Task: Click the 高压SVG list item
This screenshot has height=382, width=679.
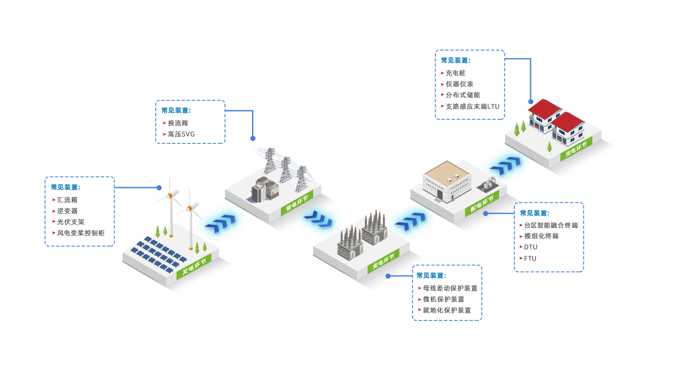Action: click(181, 134)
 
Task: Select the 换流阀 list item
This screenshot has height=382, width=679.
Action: click(178, 123)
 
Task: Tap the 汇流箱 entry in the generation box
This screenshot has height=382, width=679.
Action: click(67, 200)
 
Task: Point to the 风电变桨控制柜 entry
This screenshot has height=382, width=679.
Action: click(81, 233)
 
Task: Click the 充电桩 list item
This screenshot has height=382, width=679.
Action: click(455, 73)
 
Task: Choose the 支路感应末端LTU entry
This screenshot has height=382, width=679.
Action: click(472, 107)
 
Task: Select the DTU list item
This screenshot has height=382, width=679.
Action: click(530, 247)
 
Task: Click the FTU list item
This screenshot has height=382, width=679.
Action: click(530, 258)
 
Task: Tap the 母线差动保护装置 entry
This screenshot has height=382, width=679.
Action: click(450, 288)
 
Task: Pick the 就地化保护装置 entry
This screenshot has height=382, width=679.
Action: click(447, 310)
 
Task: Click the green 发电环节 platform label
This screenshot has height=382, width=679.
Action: click(194, 267)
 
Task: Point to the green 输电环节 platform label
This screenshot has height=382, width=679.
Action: click(297, 202)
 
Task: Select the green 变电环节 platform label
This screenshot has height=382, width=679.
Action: click(383, 261)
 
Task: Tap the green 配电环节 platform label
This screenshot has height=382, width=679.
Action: click(482, 204)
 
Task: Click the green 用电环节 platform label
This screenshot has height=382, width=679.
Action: click(576, 149)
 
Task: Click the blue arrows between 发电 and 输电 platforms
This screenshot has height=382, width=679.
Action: click(221, 223)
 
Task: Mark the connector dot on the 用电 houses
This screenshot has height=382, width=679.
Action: click(530, 101)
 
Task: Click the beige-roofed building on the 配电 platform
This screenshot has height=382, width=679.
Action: click(446, 180)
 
